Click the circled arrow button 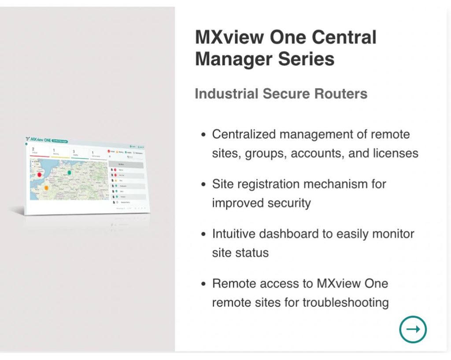413,329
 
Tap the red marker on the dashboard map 40,175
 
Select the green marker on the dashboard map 70,173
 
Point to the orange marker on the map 46,188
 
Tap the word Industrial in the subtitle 226,93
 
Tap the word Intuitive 233,234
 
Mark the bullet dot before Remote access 203,284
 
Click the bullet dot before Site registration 203,184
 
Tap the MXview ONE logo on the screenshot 39,140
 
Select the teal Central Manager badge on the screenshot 63,141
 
